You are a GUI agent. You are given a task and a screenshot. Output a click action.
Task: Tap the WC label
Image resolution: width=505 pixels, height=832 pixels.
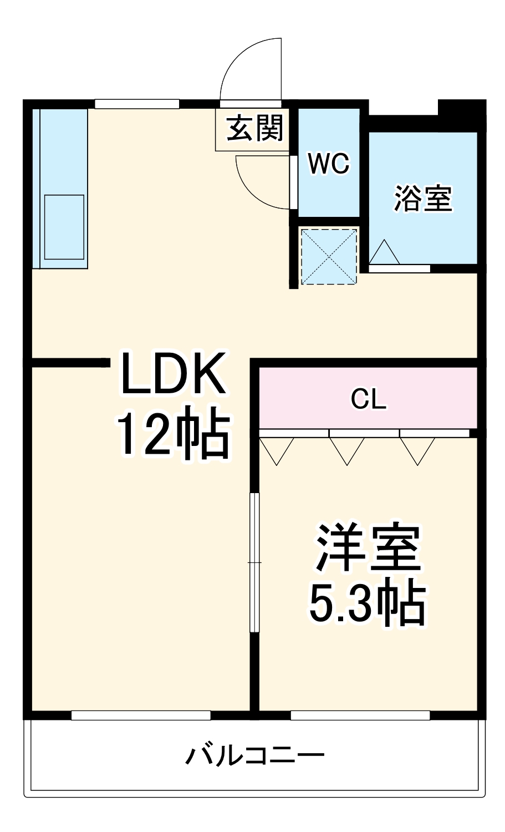pyautogui.click(x=329, y=164)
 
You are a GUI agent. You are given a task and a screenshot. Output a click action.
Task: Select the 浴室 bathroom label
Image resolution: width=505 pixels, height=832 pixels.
pyautogui.click(x=423, y=198)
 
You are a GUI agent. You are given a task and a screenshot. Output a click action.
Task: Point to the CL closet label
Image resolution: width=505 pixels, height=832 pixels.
pyautogui.click(x=368, y=399)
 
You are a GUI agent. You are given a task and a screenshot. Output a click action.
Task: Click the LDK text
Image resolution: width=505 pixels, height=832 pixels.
pyautogui.click(x=172, y=373)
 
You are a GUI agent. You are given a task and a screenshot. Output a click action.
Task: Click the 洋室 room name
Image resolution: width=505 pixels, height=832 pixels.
pyautogui.click(x=368, y=547)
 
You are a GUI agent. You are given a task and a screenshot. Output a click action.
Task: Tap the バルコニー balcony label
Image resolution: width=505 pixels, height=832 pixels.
pyautogui.click(x=254, y=755)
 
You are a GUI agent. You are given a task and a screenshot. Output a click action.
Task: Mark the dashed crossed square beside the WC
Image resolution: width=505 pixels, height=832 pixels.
pyautogui.click(x=329, y=256)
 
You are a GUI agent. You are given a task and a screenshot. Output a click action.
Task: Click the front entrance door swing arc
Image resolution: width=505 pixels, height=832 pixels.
pyautogui.click(x=252, y=69)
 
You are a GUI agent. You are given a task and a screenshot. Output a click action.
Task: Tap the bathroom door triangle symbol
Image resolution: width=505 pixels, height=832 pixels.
pyautogui.click(x=384, y=253)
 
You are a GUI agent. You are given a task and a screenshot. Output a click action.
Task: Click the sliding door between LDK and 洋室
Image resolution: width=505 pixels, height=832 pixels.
pyautogui.click(x=254, y=562)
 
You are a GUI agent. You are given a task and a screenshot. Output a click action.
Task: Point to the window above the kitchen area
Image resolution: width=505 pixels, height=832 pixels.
pyautogui.click(x=137, y=104)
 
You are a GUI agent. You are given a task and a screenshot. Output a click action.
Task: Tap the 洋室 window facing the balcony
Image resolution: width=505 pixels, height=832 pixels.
pyautogui.click(x=360, y=716)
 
